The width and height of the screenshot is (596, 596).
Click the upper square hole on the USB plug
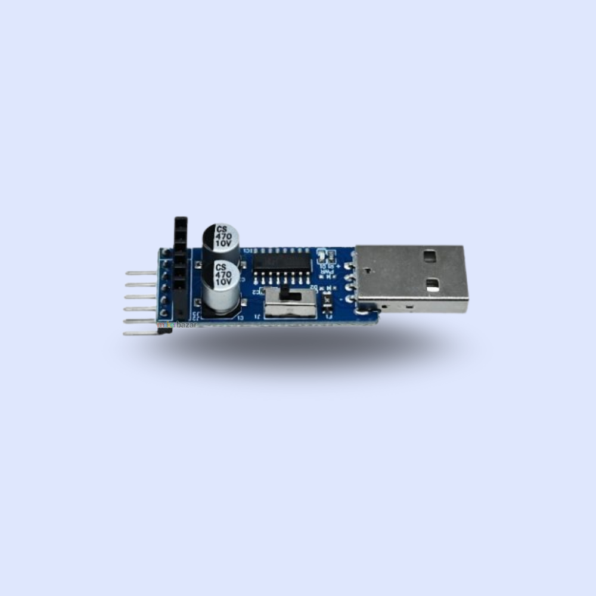(429, 257)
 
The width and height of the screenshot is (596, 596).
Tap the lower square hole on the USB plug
(433, 285)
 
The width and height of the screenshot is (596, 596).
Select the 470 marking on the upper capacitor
(223, 236)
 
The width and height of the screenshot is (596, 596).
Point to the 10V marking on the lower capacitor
(223, 283)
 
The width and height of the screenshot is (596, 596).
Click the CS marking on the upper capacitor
(222, 229)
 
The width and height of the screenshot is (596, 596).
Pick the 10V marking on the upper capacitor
(223, 244)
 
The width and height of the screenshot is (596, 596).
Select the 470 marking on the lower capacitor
(223, 275)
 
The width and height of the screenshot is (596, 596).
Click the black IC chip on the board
(282, 262)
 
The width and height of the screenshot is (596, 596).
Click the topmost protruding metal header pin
(141, 273)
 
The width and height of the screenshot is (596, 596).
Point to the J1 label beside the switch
(258, 316)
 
